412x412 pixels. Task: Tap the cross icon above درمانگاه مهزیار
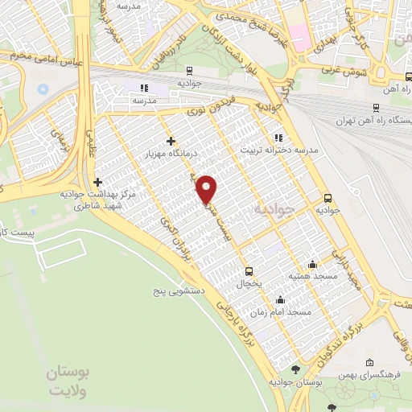coord(171,141)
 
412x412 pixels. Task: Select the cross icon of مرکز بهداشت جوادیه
coord(98,183)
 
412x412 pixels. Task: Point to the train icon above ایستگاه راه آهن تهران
coord(376,107)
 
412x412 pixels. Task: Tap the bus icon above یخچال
coord(249,271)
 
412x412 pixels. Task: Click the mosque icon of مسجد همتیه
coord(312,265)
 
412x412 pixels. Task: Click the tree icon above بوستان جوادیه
coord(295,369)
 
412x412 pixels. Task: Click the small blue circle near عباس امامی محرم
coord(43,86)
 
